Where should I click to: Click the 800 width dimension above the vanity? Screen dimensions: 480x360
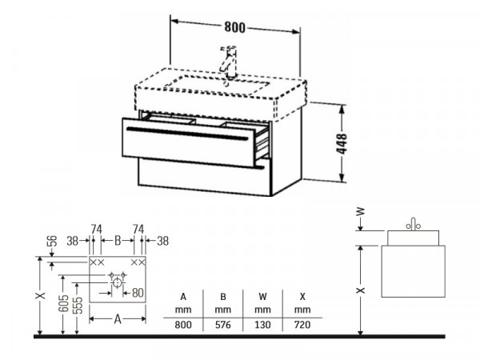pos(234,27)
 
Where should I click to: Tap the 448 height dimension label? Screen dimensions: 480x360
pos(342,143)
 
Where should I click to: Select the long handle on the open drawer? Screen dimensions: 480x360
pos(187,134)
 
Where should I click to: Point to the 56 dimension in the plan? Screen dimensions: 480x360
pos(52,241)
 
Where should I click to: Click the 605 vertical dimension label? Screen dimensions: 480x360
pos(63,303)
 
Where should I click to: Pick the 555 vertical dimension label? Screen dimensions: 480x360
pos(78,306)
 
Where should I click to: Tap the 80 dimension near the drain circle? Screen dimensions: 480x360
pos(138,293)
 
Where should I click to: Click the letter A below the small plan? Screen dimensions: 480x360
pos(118,319)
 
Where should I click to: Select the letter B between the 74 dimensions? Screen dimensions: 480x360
pos(118,241)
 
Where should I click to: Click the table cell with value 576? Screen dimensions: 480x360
pos(223,325)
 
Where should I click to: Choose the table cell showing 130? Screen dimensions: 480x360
pos(262,325)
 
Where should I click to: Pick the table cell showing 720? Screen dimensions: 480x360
pos(302,325)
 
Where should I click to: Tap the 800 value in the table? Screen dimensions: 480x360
pos(183,325)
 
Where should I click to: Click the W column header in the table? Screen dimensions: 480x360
pos(262,297)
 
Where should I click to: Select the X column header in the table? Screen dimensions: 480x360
pos(302,297)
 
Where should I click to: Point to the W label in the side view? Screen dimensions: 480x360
pos(362,211)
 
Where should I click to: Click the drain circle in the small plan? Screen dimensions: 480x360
pos(117,282)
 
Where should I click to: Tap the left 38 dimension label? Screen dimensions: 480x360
pos(73,241)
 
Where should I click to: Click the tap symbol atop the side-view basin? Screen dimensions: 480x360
pos(414,224)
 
